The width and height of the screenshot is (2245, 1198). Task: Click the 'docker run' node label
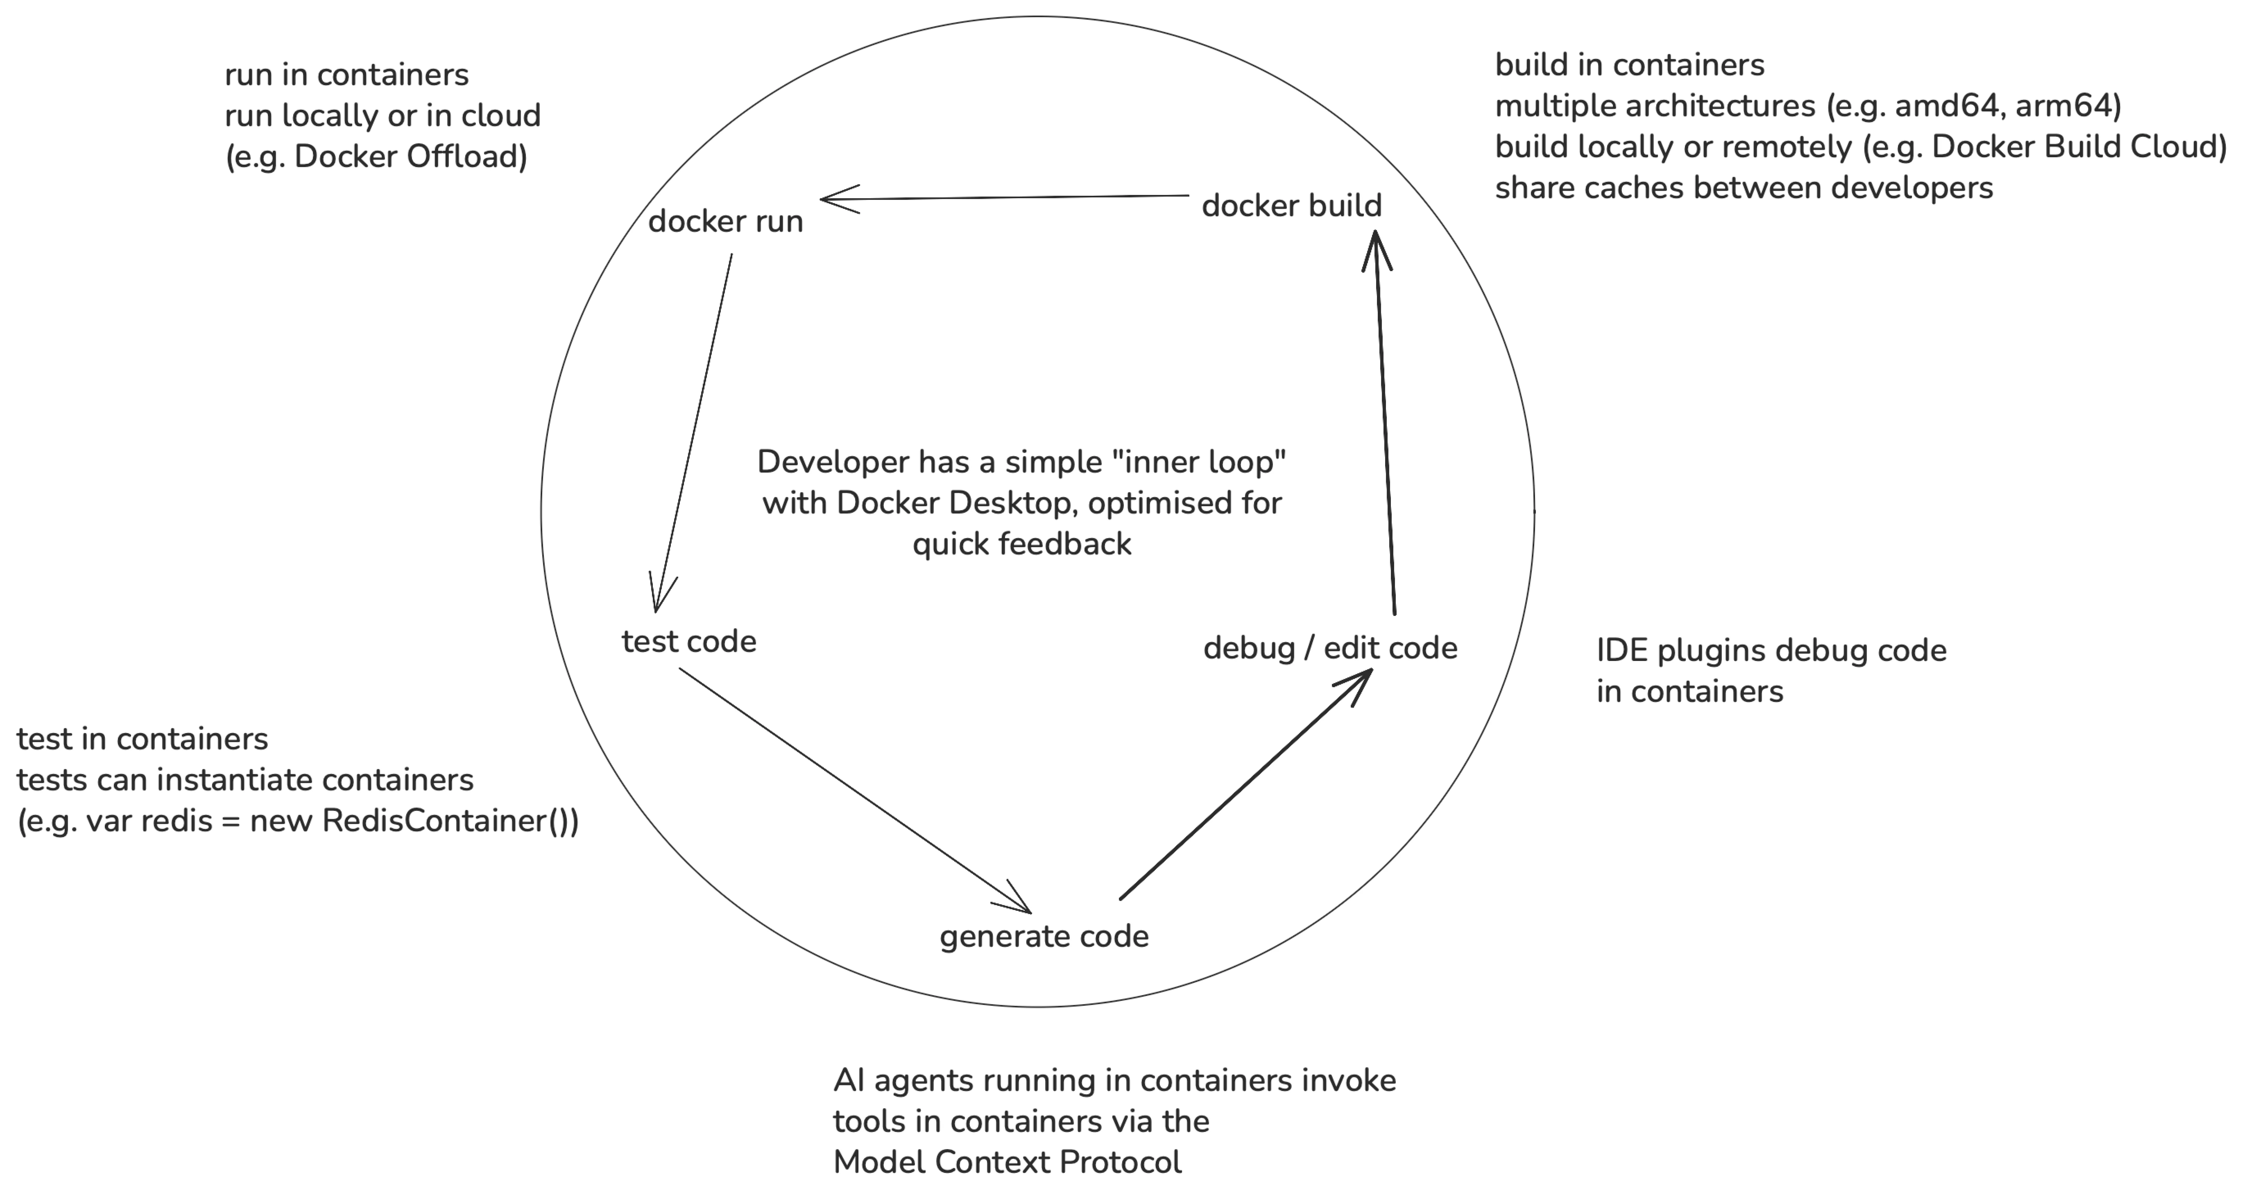(x=725, y=221)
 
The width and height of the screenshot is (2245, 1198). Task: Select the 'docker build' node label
(x=1292, y=206)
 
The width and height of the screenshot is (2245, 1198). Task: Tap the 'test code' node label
(x=688, y=641)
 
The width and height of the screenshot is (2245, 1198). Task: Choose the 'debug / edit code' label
(x=1330, y=648)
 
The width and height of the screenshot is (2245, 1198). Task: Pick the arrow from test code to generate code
(x=855, y=790)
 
